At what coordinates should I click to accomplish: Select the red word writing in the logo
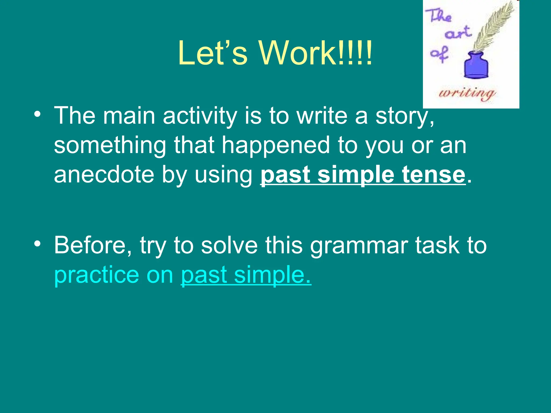pyautogui.click(x=467, y=94)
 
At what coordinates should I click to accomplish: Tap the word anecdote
pyautogui.click(x=104, y=175)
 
